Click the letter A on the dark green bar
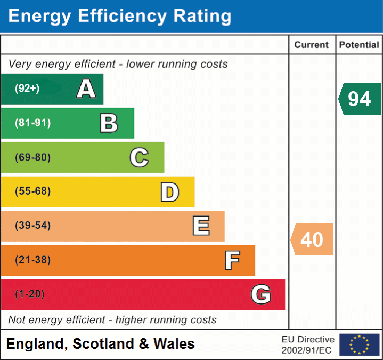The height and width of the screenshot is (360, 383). coord(86,89)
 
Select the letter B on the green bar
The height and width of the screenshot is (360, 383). coord(109,123)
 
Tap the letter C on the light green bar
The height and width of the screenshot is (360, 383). coord(139,157)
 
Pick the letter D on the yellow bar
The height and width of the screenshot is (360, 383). coord(169,192)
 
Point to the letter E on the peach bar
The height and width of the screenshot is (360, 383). coord(201,226)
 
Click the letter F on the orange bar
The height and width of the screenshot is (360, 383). coord(232,260)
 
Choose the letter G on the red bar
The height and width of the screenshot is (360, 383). coord(261,294)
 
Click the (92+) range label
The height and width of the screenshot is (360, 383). coord(27,89)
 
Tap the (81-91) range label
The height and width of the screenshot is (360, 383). coord(32,123)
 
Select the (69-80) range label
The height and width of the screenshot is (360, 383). coord(32,157)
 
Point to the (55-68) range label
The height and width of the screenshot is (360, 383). coord(32,191)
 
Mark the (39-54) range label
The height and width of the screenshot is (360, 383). coord(32,226)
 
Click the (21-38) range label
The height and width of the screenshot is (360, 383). coord(32,260)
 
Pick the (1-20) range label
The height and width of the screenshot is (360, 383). coord(30,294)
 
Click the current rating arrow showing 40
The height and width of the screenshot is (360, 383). coord(312,239)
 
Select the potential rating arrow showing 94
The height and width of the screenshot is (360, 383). coord(360,99)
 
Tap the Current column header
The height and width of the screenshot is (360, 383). coord(312,45)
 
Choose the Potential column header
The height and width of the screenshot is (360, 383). coord(359,45)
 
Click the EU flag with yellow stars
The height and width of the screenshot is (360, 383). coord(359,345)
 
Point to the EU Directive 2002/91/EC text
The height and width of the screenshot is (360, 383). coord(308,345)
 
